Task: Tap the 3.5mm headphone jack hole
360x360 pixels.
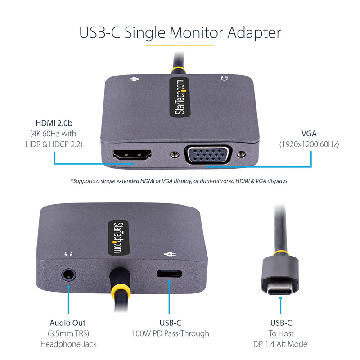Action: [68, 274]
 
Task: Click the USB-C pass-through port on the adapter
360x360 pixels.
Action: [169, 274]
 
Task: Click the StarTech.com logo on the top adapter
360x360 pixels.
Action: [179, 98]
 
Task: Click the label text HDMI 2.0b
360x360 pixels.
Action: [54, 123]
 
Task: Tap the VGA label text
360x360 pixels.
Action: [309, 134]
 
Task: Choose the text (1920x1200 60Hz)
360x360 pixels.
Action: [309, 144]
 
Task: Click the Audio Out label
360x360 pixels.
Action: [68, 323]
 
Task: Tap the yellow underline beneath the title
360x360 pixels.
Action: [179, 45]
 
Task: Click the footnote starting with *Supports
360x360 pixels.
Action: [179, 181]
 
